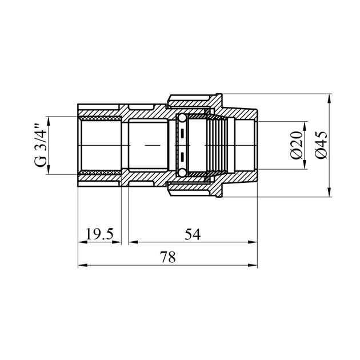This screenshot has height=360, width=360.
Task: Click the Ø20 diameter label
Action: click(295, 146)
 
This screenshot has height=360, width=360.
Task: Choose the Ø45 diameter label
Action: click(321, 146)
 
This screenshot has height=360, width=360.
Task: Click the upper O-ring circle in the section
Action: click(181, 119)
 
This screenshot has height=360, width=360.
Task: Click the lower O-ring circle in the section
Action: click(181, 173)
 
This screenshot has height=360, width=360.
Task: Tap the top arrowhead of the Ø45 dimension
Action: click(331, 98)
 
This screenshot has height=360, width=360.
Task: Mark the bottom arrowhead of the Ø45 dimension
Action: click(331, 193)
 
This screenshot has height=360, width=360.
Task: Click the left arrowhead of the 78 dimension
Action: click(81, 266)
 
